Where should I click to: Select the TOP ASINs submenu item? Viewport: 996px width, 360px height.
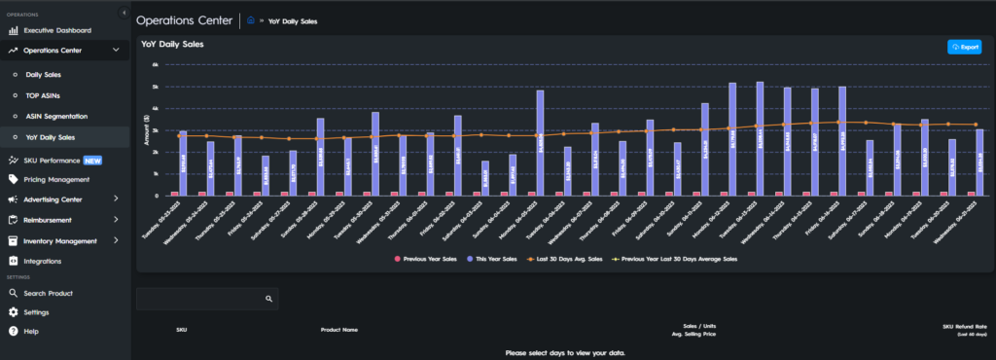[x=44, y=95]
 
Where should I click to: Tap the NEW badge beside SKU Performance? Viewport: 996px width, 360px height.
[x=92, y=160]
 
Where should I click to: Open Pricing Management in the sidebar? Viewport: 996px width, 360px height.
[x=62, y=179]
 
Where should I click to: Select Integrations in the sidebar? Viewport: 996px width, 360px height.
[x=42, y=261]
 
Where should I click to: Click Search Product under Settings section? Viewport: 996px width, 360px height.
[x=49, y=293]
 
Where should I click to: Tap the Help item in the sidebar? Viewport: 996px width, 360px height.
[x=31, y=331]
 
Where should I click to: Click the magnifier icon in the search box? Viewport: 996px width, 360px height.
[x=268, y=300]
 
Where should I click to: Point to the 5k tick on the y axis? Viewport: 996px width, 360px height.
[x=156, y=87]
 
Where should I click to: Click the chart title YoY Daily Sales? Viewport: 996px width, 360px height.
[x=172, y=44]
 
